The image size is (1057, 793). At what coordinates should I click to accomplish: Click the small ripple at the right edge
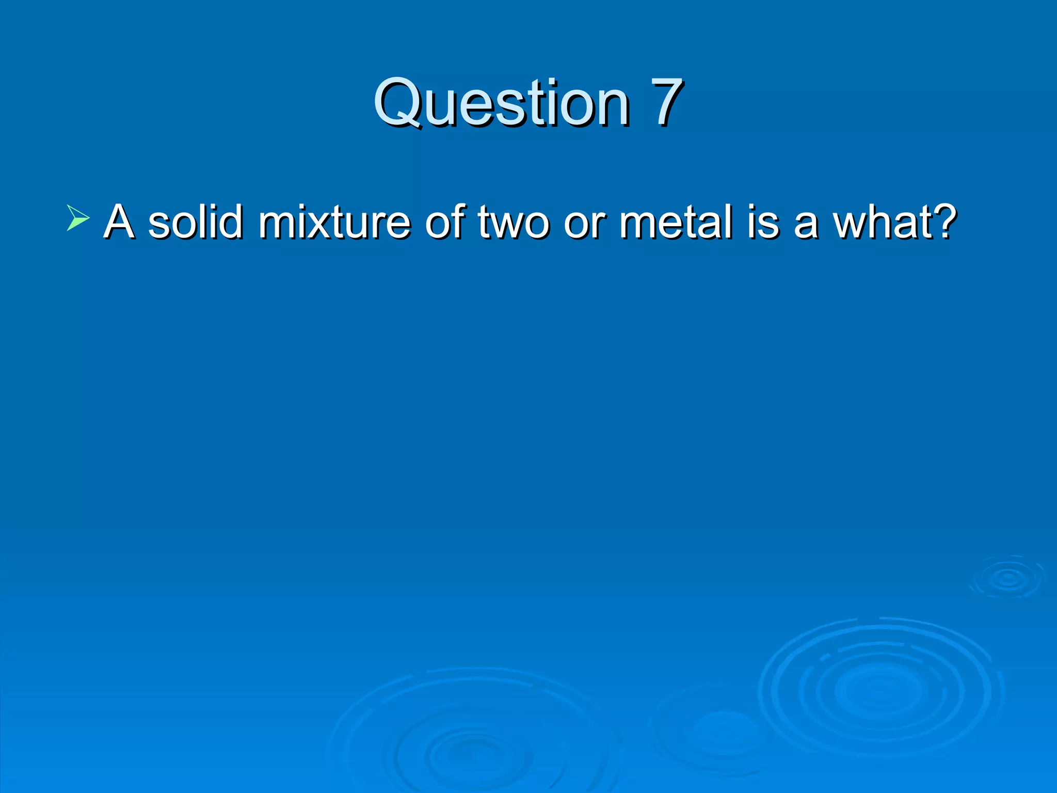tap(1008, 578)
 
